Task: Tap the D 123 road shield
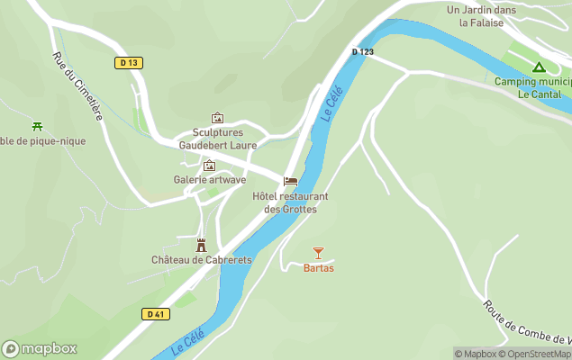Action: click(x=363, y=52)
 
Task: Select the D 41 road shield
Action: click(x=156, y=313)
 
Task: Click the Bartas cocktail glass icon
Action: click(x=318, y=253)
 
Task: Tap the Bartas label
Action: click(x=319, y=268)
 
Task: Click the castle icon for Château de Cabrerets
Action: click(x=202, y=244)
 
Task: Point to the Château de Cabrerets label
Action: click(x=202, y=260)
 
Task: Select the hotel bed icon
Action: click(x=290, y=181)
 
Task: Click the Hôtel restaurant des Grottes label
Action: click(x=290, y=202)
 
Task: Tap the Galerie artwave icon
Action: click(x=210, y=166)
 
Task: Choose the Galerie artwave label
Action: click(x=210, y=180)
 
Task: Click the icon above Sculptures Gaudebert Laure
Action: click(x=217, y=118)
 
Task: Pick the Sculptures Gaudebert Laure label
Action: click(x=217, y=139)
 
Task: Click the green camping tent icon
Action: click(x=539, y=67)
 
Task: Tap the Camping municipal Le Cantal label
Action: click(x=533, y=87)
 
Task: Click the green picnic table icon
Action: click(x=37, y=126)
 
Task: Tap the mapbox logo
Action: click(x=40, y=348)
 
